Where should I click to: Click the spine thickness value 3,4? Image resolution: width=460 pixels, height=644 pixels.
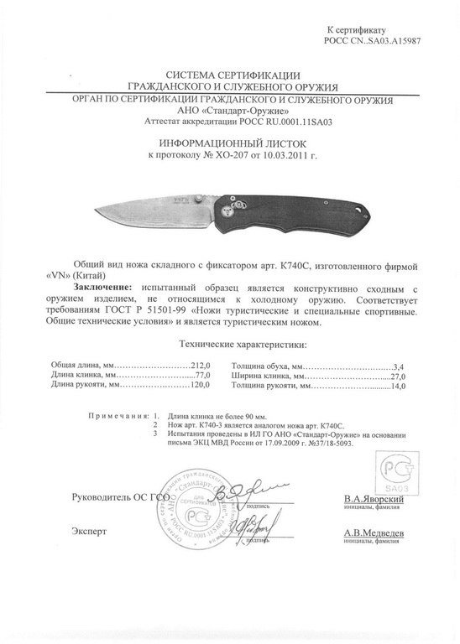(x=399, y=366)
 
